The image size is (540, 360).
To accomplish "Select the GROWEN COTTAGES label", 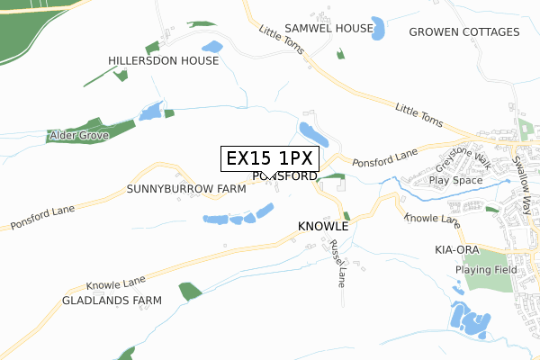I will [x=464, y=32].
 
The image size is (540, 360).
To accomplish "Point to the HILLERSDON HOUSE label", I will [x=164, y=61].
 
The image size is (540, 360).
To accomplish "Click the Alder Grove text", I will [x=79, y=135].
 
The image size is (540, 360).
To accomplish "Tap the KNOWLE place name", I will [x=322, y=227].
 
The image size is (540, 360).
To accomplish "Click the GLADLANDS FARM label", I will [x=112, y=300].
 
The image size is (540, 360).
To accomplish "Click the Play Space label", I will [x=455, y=180].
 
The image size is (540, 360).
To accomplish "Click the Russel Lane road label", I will [x=337, y=262].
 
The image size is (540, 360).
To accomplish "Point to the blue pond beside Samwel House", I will [x=379, y=29].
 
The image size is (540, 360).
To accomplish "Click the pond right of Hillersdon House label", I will [x=212, y=47].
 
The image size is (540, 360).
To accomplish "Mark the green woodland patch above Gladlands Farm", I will [x=190, y=291].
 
